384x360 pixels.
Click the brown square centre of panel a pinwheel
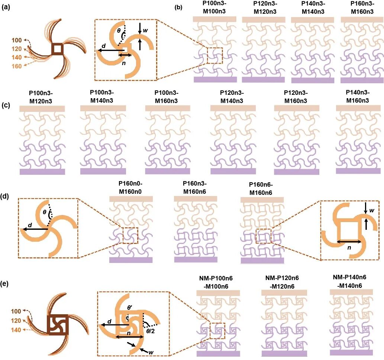[x=57, y=49]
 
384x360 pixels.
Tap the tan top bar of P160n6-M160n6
[x=262, y=200]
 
